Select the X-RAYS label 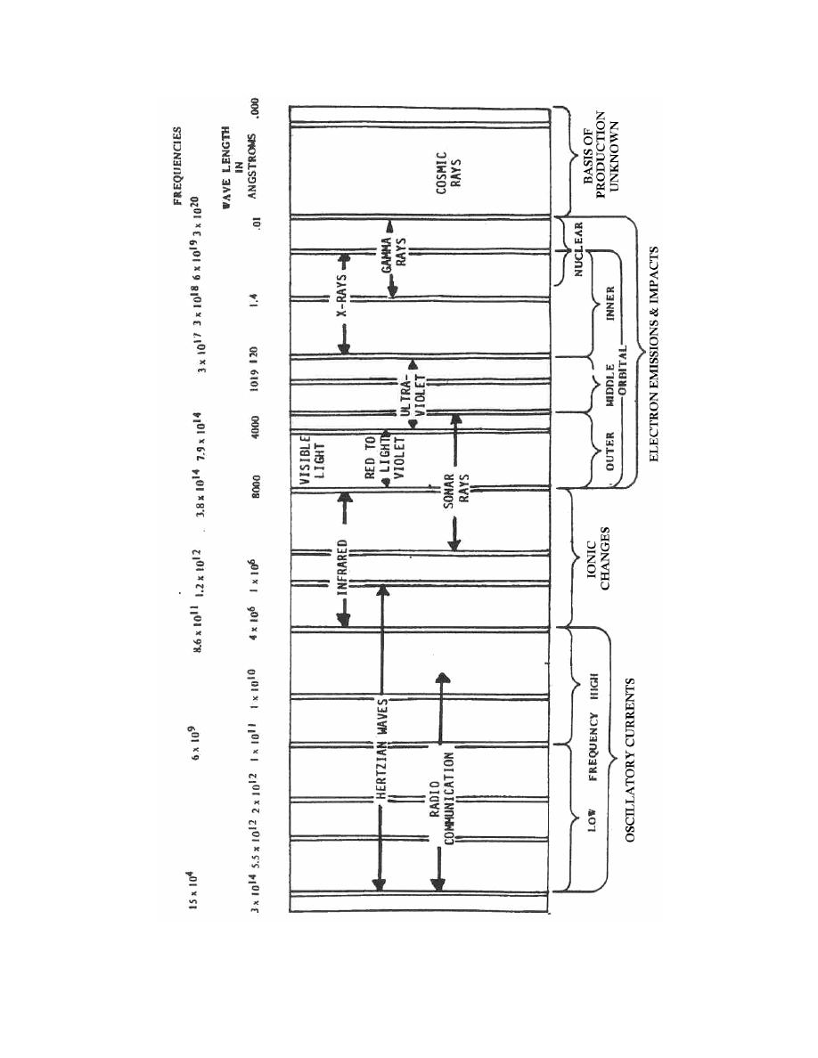tap(342, 303)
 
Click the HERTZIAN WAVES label tap(381, 758)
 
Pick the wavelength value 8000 tap(256, 491)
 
